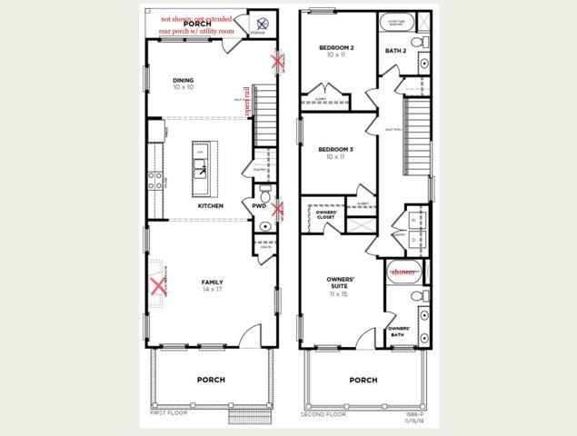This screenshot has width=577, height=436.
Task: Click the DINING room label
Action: (x=184, y=81)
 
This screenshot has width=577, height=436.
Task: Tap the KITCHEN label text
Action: (x=211, y=206)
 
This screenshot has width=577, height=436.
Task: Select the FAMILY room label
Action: (x=212, y=282)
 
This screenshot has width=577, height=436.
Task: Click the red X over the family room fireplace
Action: (x=158, y=288)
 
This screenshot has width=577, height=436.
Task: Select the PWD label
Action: (x=258, y=206)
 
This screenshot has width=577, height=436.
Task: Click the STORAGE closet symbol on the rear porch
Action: (x=262, y=25)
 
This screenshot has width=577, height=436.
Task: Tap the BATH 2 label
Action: (x=395, y=51)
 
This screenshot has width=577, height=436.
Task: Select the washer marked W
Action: (x=414, y=220)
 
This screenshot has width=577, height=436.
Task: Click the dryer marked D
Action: (x=414, y=240)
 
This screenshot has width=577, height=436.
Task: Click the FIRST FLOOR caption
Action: (x=170, y=413)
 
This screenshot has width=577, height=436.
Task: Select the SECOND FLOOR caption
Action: (x=323, y=413)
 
